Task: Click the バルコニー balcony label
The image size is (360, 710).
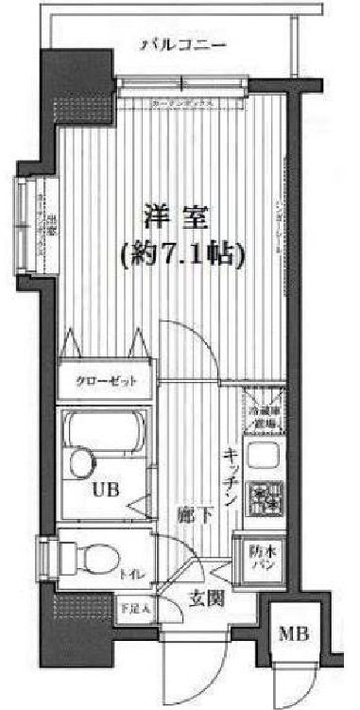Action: pos(182,44)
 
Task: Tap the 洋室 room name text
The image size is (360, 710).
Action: pos(175,216)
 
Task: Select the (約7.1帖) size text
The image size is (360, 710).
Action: pos(182,252)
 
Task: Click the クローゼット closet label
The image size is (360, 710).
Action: pos(105,382)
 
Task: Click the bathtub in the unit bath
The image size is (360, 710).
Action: pos(103,434)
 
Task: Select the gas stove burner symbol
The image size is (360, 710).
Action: pos(264,496)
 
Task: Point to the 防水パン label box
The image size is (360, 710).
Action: pos(256,552)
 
